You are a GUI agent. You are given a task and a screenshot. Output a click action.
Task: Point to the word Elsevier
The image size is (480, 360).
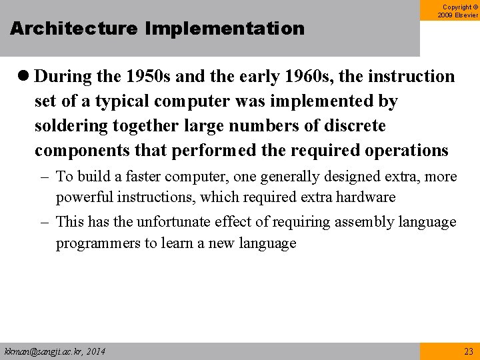click(x=465, y=15)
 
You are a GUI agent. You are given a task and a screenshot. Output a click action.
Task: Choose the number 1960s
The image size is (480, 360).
click(x=309, y=77)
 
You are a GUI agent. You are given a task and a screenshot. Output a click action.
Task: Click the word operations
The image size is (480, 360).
click(x=402, y=151)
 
